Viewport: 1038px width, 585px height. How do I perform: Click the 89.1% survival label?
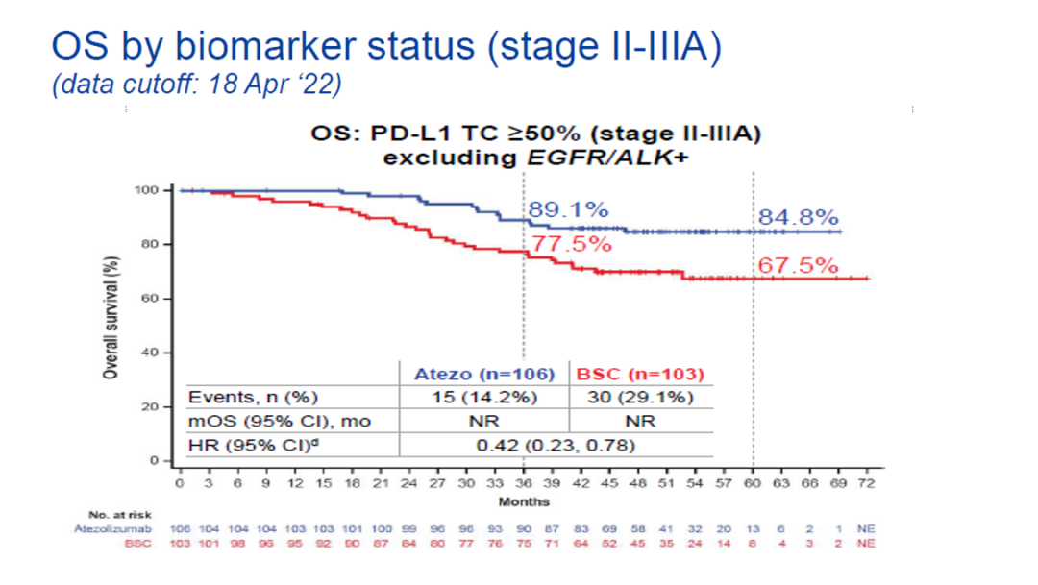[568, 210]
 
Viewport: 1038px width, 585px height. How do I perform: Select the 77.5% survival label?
[572, 244]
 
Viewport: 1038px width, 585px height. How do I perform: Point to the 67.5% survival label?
[798, 265]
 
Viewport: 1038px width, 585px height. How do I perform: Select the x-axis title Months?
[524, 501]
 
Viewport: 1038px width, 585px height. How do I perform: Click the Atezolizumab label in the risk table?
[121, 529]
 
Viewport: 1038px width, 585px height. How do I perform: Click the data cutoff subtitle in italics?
[197, 85]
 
